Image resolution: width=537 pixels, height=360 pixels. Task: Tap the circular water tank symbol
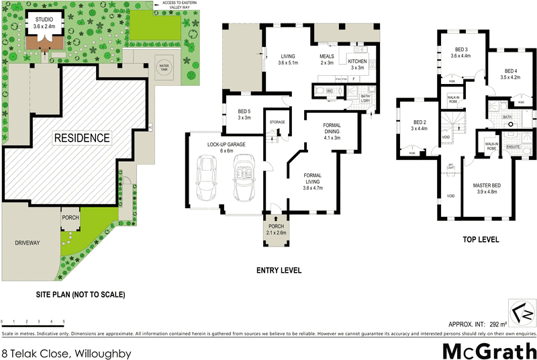click(164, 67)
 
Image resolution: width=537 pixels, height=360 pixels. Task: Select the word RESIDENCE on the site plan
click(82, 138)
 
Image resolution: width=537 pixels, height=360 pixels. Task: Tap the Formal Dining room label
click(332, 128)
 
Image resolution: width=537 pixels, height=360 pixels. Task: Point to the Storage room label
click(277, 122)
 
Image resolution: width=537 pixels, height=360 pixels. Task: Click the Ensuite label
click(514, 146)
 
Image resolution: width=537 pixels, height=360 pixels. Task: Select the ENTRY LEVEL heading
click(278, 271)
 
